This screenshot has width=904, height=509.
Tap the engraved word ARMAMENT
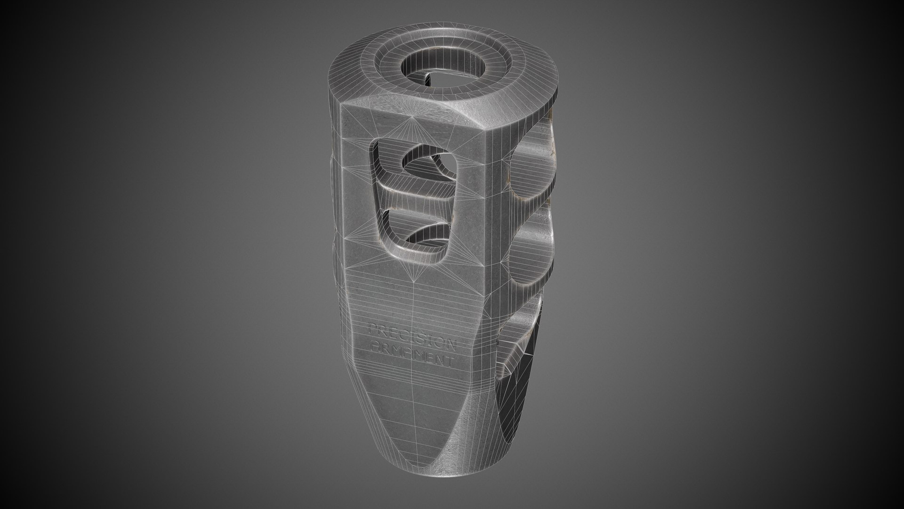pos(412,354)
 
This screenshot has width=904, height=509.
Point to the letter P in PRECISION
pos(372,327)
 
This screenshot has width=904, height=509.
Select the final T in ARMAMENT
pos(451,363)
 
